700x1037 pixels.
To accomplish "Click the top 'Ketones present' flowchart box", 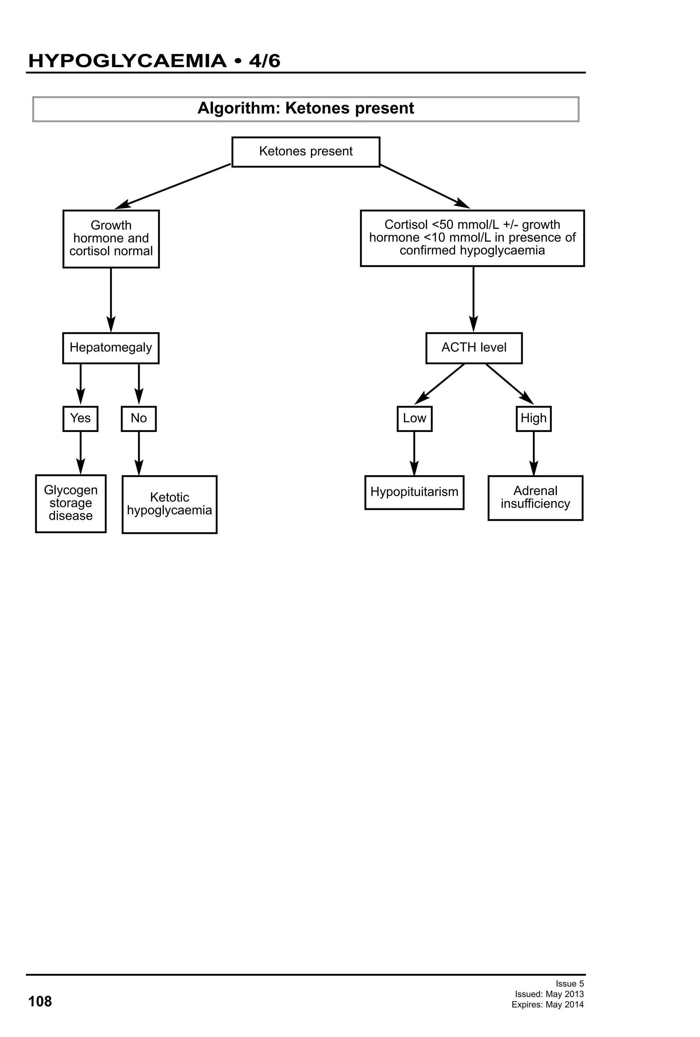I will coord(306,152).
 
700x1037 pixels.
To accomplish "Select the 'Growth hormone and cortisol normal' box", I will coord(111,239).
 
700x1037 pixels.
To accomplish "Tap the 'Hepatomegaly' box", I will coord(111,348).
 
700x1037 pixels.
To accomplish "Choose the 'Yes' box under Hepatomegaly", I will coord(80,419).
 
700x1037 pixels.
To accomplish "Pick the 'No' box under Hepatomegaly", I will coord(139,419).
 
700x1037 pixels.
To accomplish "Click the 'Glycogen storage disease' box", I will coord(70,503).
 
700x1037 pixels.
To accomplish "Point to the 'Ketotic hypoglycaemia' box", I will coord(170,504).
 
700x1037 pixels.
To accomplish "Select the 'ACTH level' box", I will coord(474,348).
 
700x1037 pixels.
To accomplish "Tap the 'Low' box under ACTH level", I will coord(415,419).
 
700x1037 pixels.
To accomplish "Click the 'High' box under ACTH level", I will coord(534,419).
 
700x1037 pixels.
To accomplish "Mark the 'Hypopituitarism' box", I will coord(414,492).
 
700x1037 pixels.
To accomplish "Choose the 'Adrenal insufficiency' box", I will coord(535,498).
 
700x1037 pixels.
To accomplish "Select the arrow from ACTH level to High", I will coord(509,383).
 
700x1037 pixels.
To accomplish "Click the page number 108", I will coord(40,1001).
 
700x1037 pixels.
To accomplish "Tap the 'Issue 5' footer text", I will coord(569,984).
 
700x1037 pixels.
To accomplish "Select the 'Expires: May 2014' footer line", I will coord(548,1005).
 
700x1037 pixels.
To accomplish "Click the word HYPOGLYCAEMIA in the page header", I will coord(127,61).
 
